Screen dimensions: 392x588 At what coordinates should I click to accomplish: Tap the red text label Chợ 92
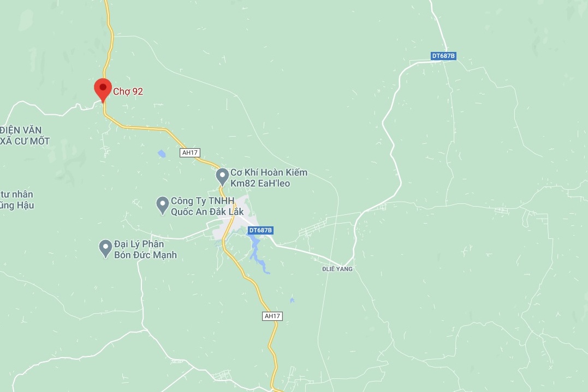(x=128, y=91)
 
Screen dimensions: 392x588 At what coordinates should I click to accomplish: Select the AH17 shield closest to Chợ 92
(x=189, y=153)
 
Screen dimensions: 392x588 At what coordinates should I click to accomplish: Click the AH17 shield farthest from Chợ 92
(x=272, y=316)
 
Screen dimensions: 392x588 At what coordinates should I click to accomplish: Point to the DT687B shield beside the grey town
(x=260, y=230)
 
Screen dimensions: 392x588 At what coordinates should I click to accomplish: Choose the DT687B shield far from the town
(x=443, y=56)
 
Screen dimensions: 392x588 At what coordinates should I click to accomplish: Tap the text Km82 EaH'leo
(x=260, y=183)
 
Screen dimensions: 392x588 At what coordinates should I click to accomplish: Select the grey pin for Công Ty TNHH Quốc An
(x=162, y=205)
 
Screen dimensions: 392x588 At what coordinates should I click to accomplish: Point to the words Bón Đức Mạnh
(x=145, y=255)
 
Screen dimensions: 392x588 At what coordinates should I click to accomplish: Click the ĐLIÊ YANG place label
(x=337, y=269)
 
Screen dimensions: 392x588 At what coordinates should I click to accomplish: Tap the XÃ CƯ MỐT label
(x=25, y=141)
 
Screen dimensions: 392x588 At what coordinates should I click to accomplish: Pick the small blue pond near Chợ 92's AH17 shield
(x=162, y=154)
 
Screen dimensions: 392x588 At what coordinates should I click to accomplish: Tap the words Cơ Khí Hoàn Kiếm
(x=269, y=172)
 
